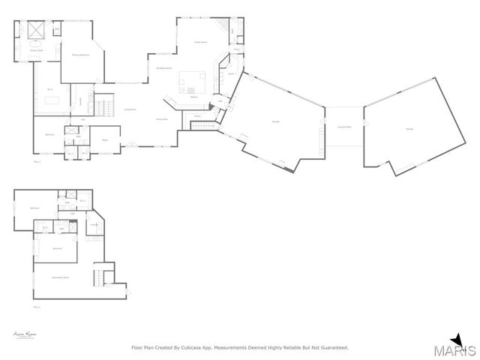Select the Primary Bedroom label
pos(80,55)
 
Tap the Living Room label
pos(130,109)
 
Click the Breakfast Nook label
pos(163,69)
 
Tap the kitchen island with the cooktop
pos(192,78)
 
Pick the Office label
pos(106,140)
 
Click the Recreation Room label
pos(60,277)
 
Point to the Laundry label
pos(95,226)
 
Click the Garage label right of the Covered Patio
pos(409,129)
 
